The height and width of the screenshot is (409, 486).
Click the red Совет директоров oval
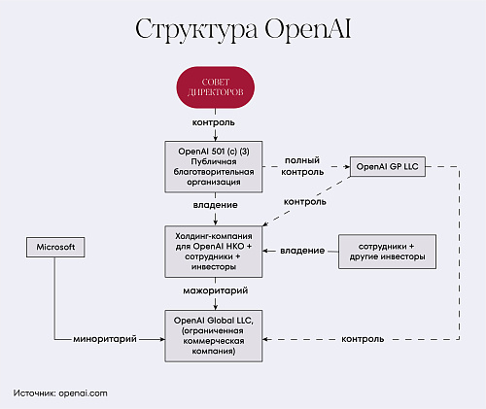point(216,87)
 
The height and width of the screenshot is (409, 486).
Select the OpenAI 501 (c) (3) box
point(214,167)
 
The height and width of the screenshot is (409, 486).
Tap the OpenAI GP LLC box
point(388,166)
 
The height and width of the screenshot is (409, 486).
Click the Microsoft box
point(55,247)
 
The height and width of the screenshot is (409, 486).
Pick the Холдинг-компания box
point(214,252)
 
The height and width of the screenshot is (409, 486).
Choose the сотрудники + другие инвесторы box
point(387,252)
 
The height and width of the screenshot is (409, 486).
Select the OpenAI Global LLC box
point(214,336)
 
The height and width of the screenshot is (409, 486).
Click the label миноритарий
point(105,339)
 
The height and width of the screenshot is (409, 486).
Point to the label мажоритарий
point(216,290)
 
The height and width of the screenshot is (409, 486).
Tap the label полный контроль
point(302,166)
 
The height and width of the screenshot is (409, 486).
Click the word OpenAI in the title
point(308,29)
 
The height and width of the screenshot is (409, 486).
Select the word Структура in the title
point(196,30)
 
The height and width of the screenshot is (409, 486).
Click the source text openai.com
point(84,393)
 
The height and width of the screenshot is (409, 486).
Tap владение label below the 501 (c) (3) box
point(216,205)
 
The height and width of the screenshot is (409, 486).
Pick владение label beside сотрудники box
point(302,251)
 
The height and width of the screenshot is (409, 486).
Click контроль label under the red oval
point(214,122)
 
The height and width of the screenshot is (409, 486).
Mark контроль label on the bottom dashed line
point(363,339)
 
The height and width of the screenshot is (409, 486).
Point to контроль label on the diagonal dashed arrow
point(305,202)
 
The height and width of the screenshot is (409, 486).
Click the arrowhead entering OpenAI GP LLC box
point(348,167)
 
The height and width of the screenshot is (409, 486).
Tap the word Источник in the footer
point(35,393)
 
